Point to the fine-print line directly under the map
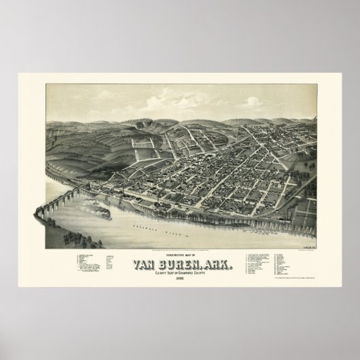pos(180,240)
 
